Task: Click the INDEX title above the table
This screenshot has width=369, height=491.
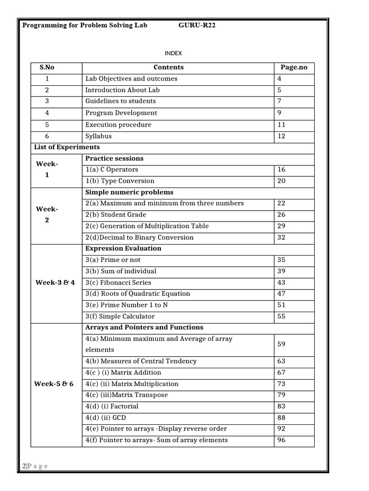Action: pyautogui.click(x=173, y=53)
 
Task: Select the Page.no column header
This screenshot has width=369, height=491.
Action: pyautogui.click(x=294, y=68)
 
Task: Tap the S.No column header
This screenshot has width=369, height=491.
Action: pyautogui.click(x=47, y=68)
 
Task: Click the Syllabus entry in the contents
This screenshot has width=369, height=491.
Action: pyautogui.click(x=98, y=136)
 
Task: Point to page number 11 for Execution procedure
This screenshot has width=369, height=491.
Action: pyautogui.click(x=282, y=125)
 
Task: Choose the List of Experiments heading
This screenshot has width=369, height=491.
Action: pyautogui.click(x=66, y=147)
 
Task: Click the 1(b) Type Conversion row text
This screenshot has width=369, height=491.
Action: pyautogui.click(x=120, y=181)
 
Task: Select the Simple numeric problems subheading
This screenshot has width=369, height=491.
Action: pyautogui.click(x=129, y=192)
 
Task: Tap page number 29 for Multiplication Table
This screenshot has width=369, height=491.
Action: pyautogui.click(x=282, y=226)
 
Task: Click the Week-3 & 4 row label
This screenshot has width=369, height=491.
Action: pyautogui.click(x=55, y=282)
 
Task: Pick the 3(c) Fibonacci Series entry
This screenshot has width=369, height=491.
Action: pyautogui.click(x=118, y=282)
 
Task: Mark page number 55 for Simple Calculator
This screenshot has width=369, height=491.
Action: pyautogui.click(x=282, y=316)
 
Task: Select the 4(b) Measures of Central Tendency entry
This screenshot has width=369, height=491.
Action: pyautogui.click(x=141, y=361)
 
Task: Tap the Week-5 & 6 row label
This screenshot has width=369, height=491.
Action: pyautogui.click(x=55, y=384)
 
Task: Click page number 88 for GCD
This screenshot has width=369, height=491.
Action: pyautogui.click(x=282, y=418)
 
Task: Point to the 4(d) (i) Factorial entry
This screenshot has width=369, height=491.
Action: pyautogui.click(x=111, y=406)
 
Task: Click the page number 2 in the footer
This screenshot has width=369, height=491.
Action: pyautogui.click(x=24, y=466)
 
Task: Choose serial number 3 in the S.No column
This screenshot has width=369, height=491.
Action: pyautogui.click(x=47, y=101)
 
